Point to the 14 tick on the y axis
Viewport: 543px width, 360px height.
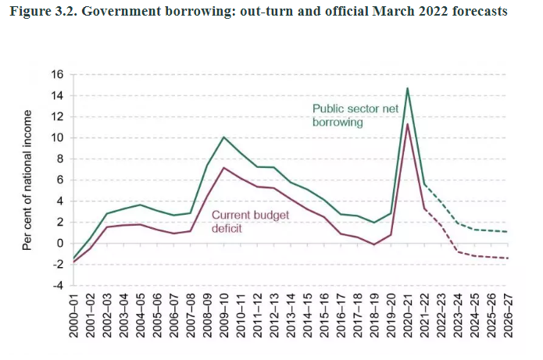[57, 95]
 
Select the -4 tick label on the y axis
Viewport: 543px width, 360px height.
[55, 285]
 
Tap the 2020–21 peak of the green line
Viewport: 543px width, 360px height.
[407, 88]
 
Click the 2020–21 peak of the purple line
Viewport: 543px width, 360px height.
[407, 124]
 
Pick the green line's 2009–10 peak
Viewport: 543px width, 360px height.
[224, 137]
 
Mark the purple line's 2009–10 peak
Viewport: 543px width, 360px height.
[224, 168]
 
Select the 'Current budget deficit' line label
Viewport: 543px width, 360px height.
[245, 222]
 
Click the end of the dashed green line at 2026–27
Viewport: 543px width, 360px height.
[508, 231]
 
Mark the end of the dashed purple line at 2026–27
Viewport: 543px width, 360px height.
[508, 258]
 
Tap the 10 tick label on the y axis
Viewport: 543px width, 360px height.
[57, 137]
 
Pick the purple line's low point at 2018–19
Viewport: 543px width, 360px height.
[374, 244]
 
